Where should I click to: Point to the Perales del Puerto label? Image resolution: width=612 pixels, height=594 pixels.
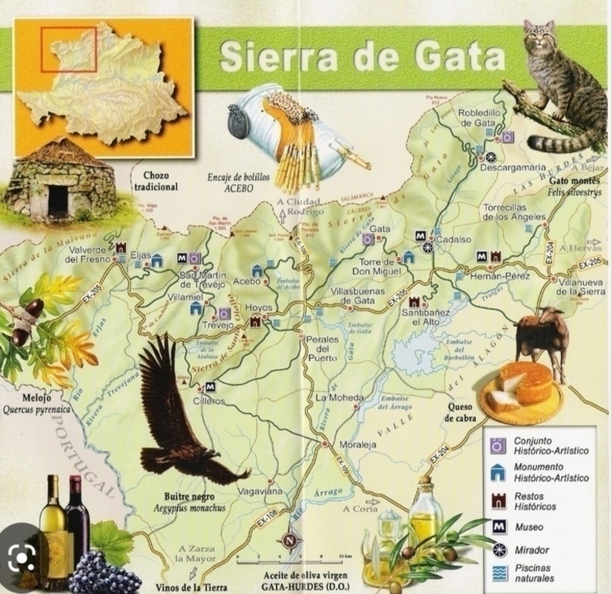pyautogui.click(x=321, y=349)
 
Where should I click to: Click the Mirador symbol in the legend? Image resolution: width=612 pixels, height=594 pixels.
pyautogui.click(x=498, y=550)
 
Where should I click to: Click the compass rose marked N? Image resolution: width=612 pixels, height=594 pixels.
pyautogui.click(x=290, y=541)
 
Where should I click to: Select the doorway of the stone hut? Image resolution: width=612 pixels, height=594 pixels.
pyautogui.click(x=58, y=200)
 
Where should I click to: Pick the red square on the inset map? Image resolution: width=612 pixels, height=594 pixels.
pyautogui.click(x=69, y=49)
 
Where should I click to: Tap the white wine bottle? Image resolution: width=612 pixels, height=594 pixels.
pyautogui.click(x=53, y=526)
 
